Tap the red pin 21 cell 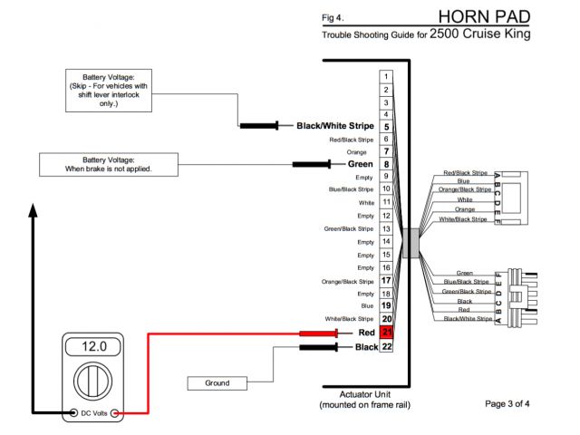pos(386,333)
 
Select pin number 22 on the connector pos(386,347)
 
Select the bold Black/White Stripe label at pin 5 pos(335,126)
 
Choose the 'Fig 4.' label pos(333,17)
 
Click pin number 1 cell pos(386,77)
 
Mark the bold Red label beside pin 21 pos(367,333)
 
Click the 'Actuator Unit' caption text pos(364,395)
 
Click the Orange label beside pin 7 pos(357,152)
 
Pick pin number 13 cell pos(386,229)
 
